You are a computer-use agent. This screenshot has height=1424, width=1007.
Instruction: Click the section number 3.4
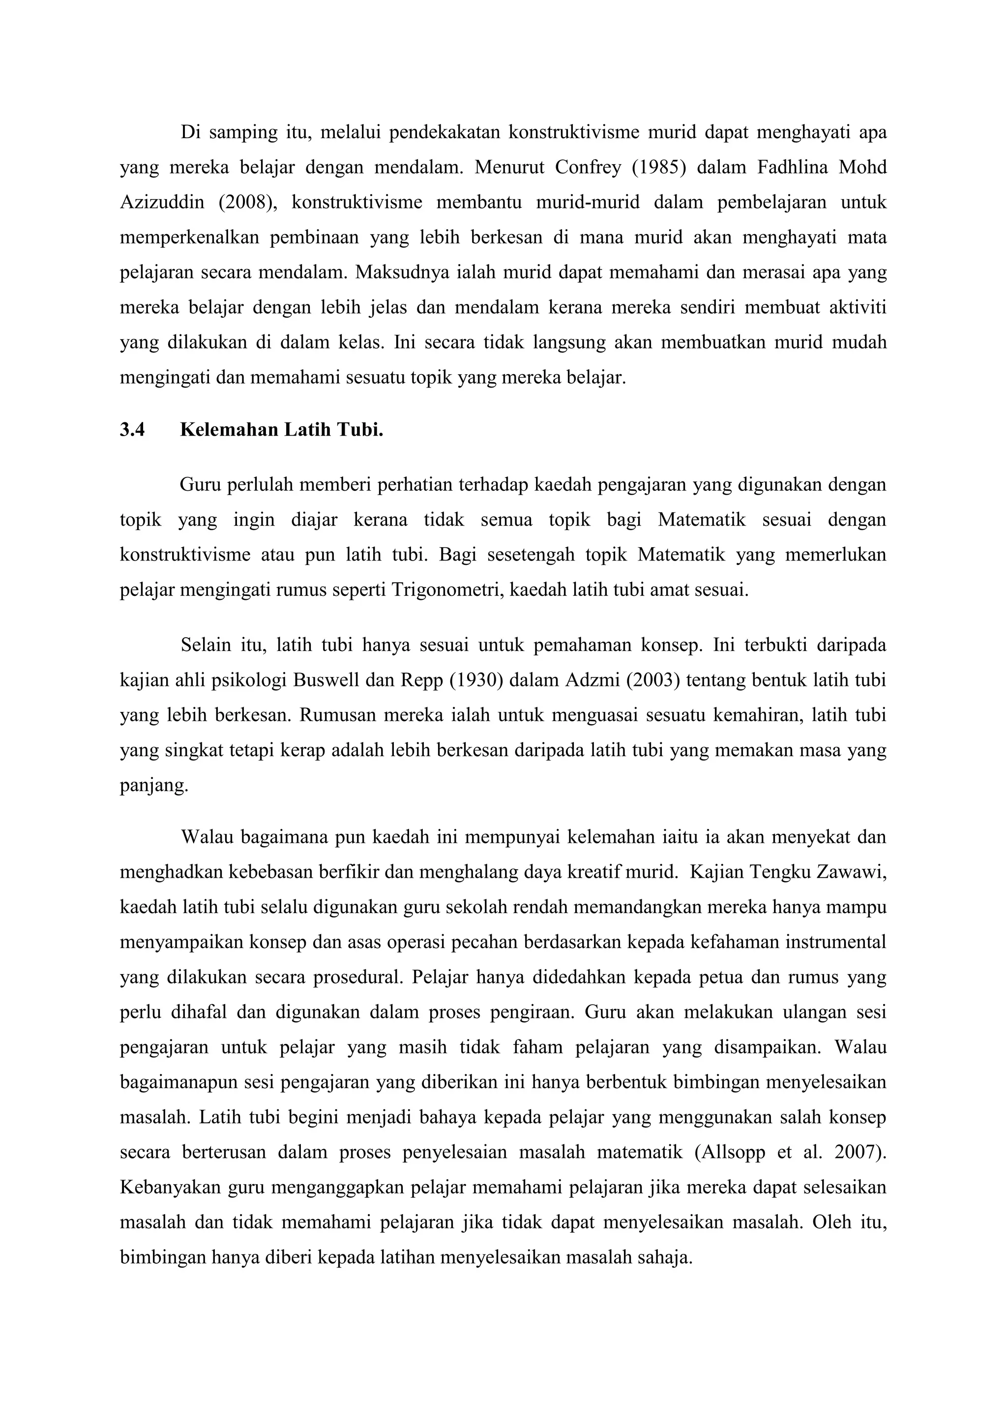(132, 430)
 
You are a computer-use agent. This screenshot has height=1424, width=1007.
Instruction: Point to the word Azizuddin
(160, 203)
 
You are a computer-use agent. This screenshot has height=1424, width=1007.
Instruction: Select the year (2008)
(246, 203)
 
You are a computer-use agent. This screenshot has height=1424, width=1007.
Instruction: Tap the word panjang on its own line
(153, 786)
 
